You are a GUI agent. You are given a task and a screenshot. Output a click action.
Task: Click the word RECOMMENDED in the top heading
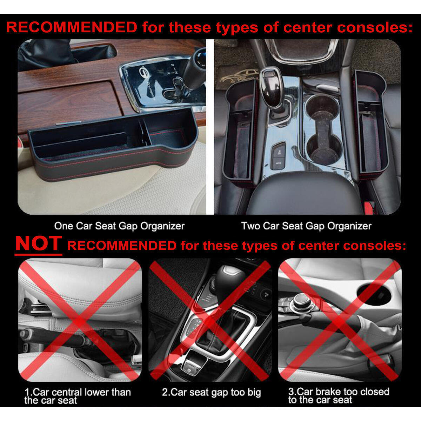click(x=72, y=27)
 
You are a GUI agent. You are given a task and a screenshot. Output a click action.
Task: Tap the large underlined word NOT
click(x=39, y=243)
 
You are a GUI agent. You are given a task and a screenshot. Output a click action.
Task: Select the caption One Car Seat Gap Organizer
click(x=119, y=226)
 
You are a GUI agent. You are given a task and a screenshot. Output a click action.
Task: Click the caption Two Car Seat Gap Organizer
click(x=306, y=226)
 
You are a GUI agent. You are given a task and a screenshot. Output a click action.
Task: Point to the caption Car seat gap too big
click(x=211, y=392)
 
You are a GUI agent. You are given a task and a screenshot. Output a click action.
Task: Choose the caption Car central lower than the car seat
click(x=77, y=396)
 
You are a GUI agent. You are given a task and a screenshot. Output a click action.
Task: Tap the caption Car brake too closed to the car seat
click(x=339, y=395)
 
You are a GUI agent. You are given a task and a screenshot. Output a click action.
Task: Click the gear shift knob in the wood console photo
click(x=195, y=67)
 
